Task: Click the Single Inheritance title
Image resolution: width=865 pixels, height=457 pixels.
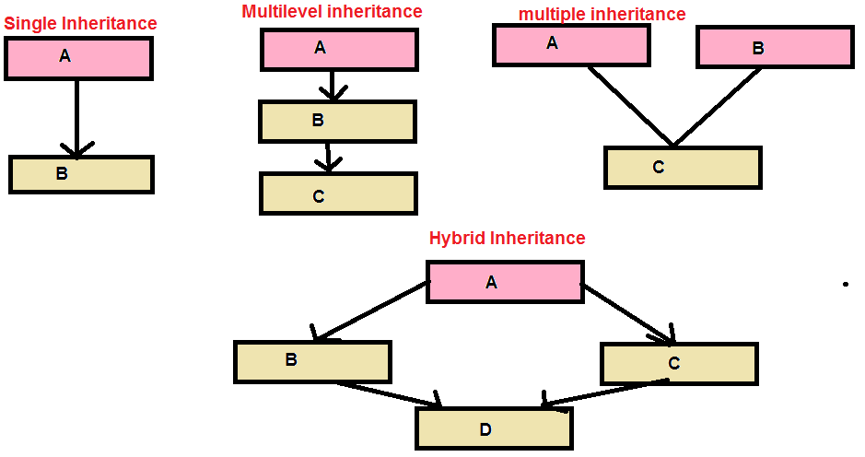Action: tap(80, 23)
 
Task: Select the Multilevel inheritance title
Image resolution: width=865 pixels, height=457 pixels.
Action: tap(332, 12)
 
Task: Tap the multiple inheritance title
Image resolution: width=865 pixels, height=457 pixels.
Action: tap(602, 14)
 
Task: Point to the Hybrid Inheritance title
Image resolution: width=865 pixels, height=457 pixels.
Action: tap(507, 238)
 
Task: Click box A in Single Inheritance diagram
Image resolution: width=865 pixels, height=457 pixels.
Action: tap(78, 58)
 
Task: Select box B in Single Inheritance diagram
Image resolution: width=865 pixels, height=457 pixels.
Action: tap(81, 174)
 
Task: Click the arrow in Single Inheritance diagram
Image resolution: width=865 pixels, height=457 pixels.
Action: tap(76, 115)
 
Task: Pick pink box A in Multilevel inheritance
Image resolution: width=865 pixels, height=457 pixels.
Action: tap(339, 49)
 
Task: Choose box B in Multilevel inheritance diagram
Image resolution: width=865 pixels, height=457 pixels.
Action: tap(337, 121)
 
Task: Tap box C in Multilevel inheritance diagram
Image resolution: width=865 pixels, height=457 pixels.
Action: tap(338, 193)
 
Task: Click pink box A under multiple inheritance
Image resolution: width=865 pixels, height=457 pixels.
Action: tap(571, 44)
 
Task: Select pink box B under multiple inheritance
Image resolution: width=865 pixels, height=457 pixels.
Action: tap(774, 47)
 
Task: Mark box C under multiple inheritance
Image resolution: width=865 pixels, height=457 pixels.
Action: tap(683, 168)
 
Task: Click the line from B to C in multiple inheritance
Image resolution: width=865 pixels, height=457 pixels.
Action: tap(719, 106)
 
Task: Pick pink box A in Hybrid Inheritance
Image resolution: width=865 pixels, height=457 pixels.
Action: tap(504, 282)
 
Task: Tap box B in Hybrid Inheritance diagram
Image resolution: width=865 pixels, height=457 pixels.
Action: tap(312, 361)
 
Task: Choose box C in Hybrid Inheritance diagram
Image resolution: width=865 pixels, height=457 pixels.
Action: tap(678, 363)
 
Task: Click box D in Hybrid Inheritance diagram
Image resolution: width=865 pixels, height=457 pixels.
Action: tap(494, 428)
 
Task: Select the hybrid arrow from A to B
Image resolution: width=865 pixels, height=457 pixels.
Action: tap(373, 311)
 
